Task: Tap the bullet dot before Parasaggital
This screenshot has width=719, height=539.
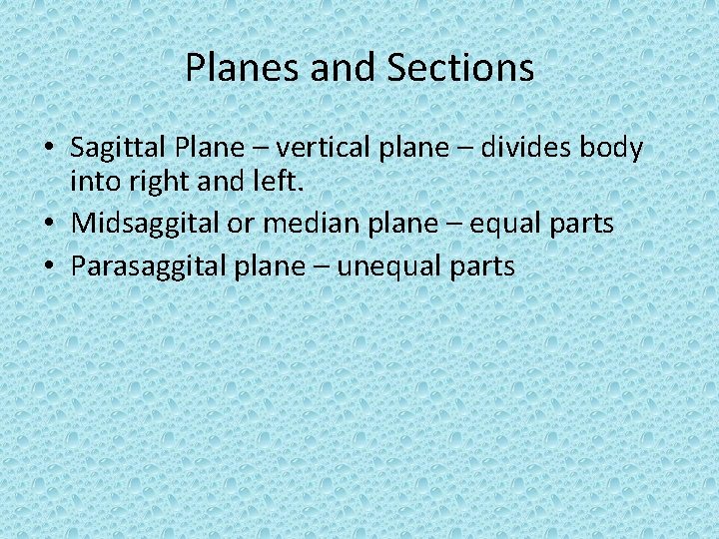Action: [49, 268]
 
